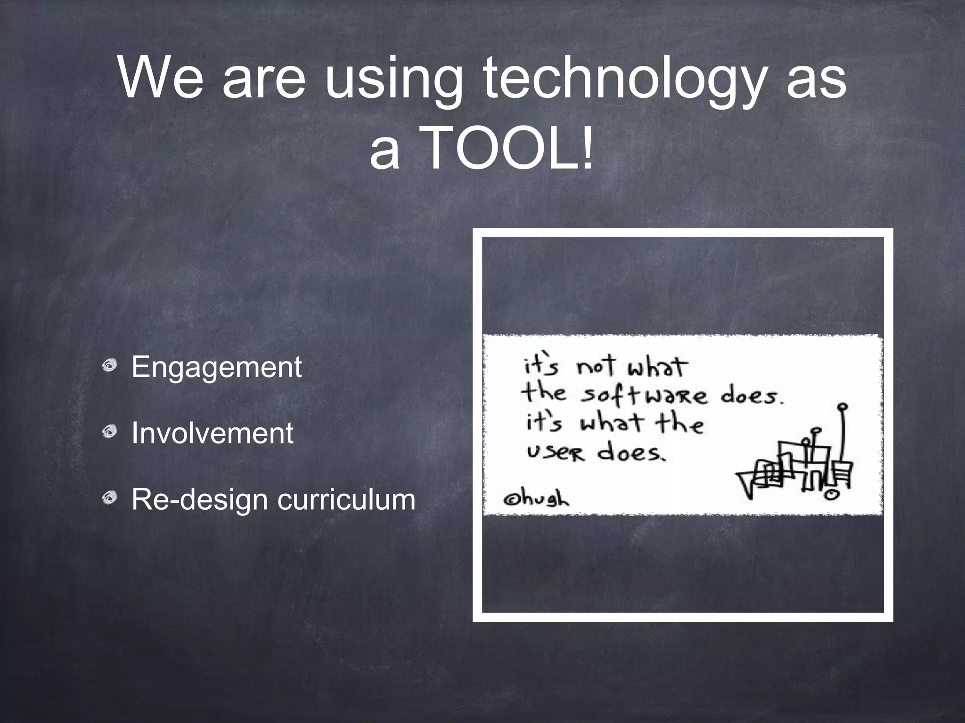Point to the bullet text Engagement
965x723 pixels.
tap(216, 367)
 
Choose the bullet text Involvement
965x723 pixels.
tap(212, 433)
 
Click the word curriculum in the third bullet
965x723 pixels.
tap(346, 499)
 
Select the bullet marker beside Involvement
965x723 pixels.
tap(109, 430)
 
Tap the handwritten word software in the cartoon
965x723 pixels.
tap(643, 395)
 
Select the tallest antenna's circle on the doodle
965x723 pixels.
tap(843, 406)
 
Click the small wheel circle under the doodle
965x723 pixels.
tap(831, 495)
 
